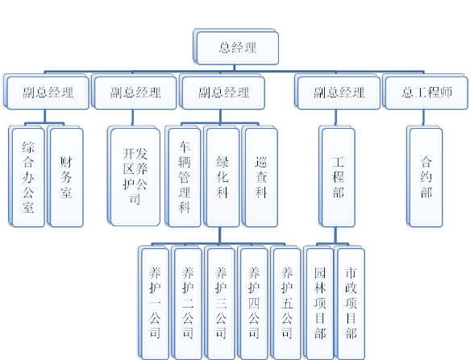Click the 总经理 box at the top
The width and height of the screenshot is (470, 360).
[x=236, y=47]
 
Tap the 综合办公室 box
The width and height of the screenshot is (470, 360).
[x=27, y=176]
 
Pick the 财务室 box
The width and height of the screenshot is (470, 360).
[x=65, y=176]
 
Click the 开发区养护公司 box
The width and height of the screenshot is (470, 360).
[x=134, y=176]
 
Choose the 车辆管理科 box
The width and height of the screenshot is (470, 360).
[x=183, y=176]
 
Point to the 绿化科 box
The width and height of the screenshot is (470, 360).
[x=222, y=176]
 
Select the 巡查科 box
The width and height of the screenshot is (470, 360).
[x=260, y=176]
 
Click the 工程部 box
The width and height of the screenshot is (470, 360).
[x=337, y=176]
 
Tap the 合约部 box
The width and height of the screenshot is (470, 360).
[x=425, y=176]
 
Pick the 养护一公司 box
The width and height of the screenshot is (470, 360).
[x=154, y=303]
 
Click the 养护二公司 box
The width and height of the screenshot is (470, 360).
[x=187, y=303]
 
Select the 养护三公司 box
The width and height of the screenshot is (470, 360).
[x=220, y=303]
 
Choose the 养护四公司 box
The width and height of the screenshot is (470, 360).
[x=252, y=303]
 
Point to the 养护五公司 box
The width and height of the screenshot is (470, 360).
[x=285, y=303]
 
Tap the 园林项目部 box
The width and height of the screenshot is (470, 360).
[x=318, y=303]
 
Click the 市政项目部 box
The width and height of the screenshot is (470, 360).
[x=350, y=303]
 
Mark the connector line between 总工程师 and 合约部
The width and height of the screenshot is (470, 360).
[x=423, y=118]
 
